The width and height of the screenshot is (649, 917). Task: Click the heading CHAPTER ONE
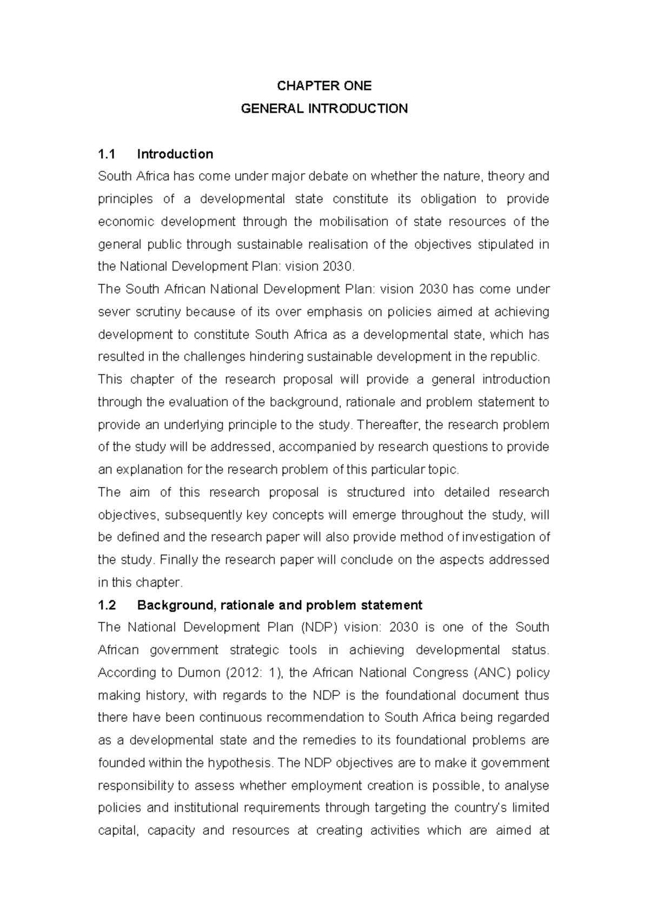[324, 86]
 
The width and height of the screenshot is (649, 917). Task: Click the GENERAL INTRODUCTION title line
[324, 109]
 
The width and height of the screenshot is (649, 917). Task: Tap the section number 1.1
[107, 154]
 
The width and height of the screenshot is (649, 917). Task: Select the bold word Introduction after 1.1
[175, 154]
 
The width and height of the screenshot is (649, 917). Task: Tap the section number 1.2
[107, 605]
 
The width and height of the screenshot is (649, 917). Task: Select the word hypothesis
[242, 763]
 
